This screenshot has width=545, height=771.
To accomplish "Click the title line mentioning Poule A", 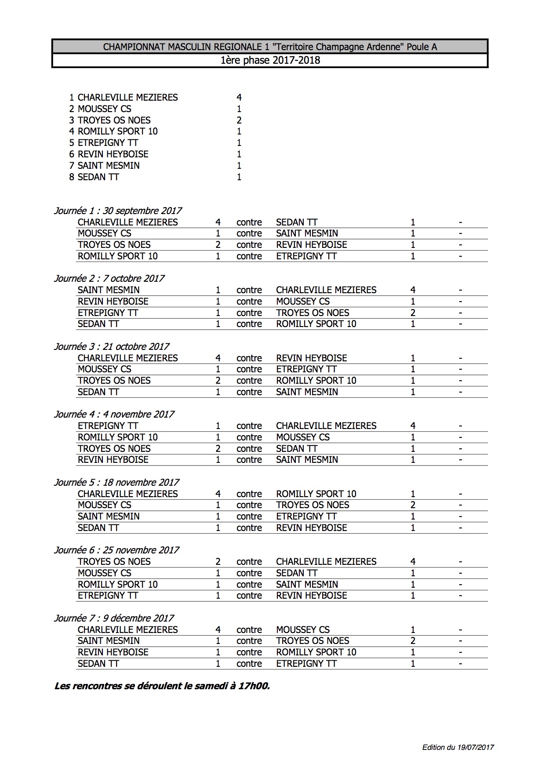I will click(x=270, y=47).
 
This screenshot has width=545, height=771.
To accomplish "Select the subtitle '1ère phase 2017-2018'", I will click(x=270, y=60).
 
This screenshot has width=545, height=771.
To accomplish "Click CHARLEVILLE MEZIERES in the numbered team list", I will click(x=127, y=98).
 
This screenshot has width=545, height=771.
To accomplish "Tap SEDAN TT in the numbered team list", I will click(x=98, y=177).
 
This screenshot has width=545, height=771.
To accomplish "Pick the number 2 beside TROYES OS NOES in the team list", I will click(x=239, y=120).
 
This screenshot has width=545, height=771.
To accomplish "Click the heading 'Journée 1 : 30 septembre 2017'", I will click(x=117, y=211).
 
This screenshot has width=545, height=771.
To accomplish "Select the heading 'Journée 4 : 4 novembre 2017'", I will click(x=114, y=414).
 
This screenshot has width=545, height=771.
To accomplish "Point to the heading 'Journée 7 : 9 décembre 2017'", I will click(x=114, y=618).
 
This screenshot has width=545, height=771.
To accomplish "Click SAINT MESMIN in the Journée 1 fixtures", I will click(x=307, y=233).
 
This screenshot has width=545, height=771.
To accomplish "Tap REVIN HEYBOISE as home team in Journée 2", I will click(x=113, y=302).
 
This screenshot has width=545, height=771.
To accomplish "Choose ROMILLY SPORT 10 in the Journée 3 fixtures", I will click(x=316, y=381).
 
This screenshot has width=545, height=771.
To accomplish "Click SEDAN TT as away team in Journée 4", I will click(x=297, y=449).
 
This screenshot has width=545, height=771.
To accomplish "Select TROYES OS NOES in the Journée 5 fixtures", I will click(x=312, y=505).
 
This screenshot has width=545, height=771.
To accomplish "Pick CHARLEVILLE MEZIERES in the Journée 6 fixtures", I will click(x=326, y=562).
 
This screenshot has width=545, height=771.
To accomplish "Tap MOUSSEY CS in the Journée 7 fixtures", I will click(x=303, y=630).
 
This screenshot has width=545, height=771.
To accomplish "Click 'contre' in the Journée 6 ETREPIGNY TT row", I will click(x=249, y=596).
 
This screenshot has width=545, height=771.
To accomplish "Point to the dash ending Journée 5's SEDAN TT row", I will click(x=460, y=528).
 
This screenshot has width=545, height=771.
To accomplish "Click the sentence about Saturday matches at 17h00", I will click(x=162, y=686).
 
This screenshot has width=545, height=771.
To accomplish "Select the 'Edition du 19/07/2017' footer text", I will click(x=458, y=747).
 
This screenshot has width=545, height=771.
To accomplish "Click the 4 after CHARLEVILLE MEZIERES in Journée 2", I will click(x=413, y=290).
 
